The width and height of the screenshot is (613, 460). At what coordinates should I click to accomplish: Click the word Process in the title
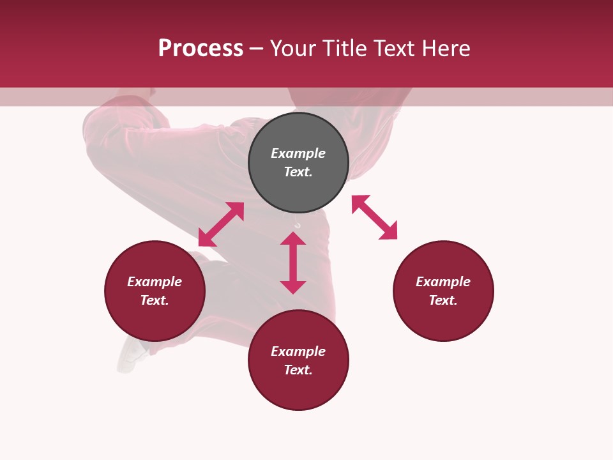click(x=201, y=49)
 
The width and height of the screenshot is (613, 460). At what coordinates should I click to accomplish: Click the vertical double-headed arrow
click(x=293, y=263)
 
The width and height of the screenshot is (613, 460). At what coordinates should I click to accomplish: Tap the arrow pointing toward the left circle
click(x=221, y=224)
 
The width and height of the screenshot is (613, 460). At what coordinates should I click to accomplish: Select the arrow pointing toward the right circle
click(x=374, y=217)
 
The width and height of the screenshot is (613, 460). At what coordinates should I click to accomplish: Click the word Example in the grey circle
click(x=298, y=153)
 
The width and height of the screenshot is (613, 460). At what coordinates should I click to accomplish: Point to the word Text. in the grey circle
click(x=298, y=172)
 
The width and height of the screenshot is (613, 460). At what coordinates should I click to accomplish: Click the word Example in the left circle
click(x=155, y=282)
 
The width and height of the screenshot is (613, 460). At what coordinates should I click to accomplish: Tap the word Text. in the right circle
click(x=443, y=300)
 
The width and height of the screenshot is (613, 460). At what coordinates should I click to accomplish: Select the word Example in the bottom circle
click(x=298, y=351)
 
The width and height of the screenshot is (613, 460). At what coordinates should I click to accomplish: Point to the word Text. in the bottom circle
click(x=298, y=370)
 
